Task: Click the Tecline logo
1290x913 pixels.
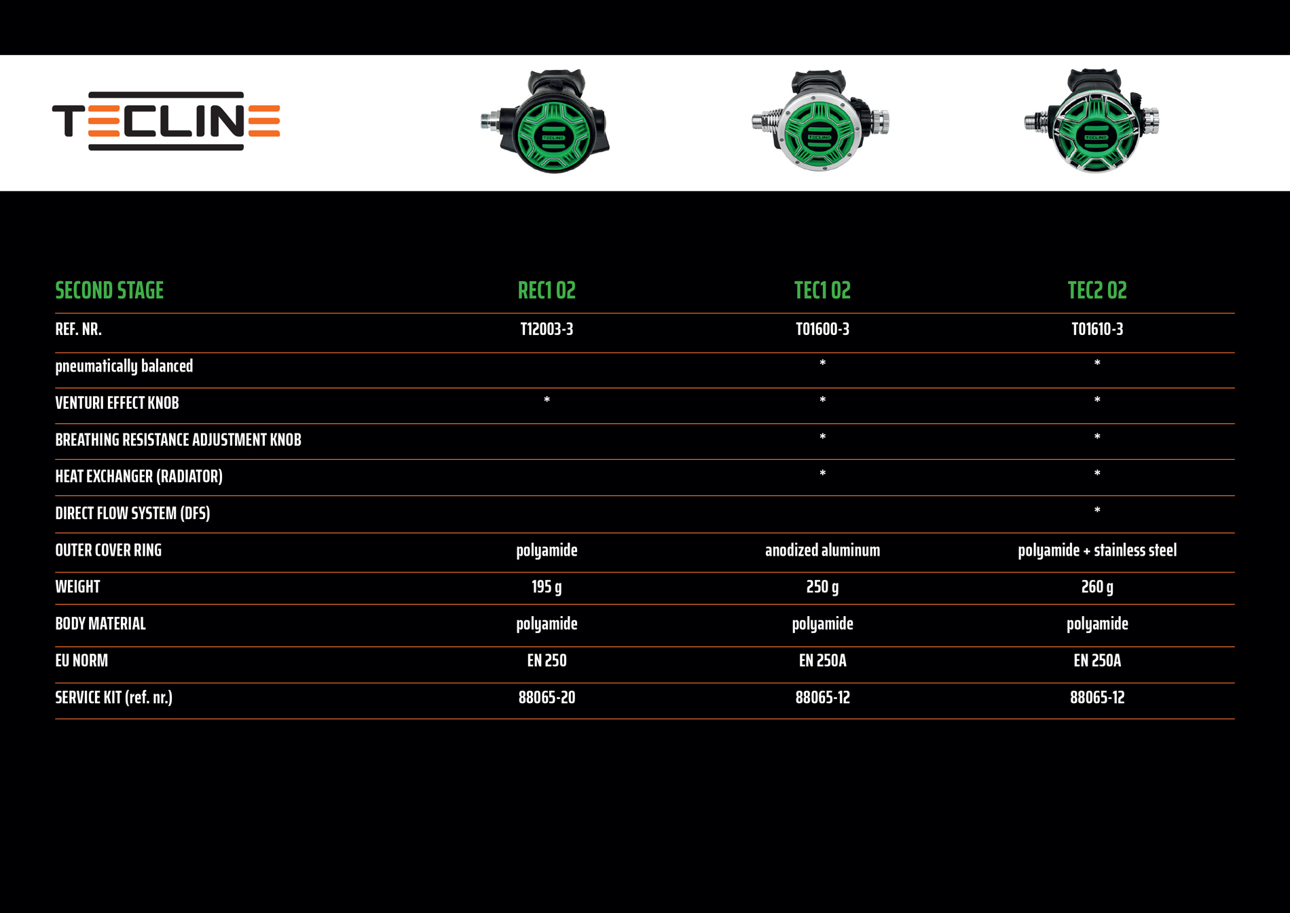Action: (166, 121)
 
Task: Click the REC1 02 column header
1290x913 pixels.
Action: (547, 291)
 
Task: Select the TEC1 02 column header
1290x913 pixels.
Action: (822, 291)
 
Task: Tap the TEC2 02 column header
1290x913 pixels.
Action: (1097, 291)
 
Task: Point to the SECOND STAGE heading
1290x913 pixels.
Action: (109, 291)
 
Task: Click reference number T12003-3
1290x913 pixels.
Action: (547, 329)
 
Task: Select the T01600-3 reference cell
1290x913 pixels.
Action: (822, 329)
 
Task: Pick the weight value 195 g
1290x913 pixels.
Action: (547, 587)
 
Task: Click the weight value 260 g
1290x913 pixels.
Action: (1097, 587)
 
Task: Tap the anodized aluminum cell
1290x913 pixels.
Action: (822, 550)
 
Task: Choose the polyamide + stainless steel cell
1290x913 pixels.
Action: (1097, 550)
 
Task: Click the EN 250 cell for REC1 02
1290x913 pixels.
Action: (547, 660)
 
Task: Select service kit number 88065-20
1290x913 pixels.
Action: (547, 698)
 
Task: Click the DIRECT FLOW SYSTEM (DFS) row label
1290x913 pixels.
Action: (132, 514)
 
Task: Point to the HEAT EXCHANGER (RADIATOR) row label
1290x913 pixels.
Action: (139, 476)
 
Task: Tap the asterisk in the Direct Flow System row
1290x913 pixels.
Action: (1097, 511)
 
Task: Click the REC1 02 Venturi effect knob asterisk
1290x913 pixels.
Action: (547, 401)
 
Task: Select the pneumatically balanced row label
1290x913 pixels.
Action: (124, 366)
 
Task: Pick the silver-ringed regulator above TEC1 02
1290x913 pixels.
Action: (820, 122)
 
